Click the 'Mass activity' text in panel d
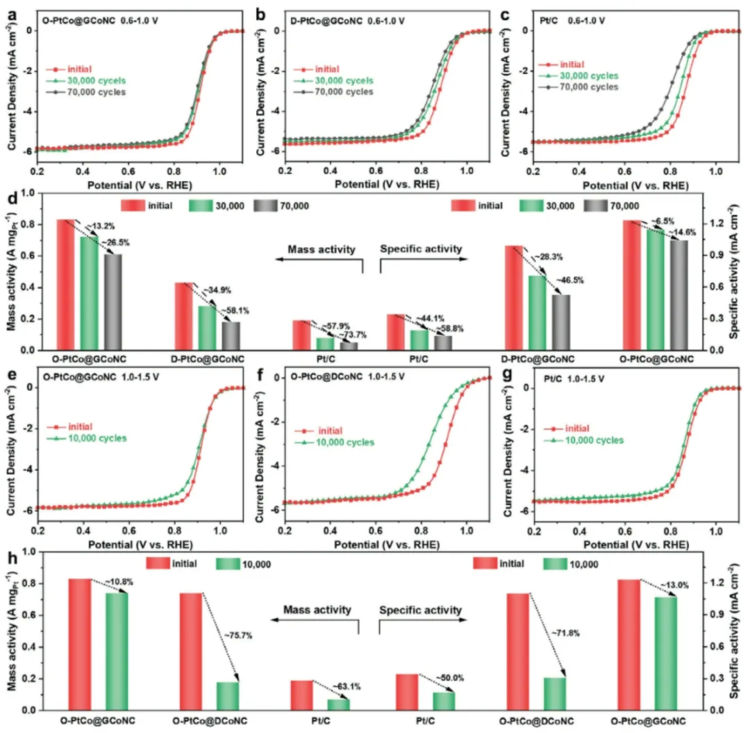pos(322,248)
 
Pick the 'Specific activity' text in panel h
pos(420,610)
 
